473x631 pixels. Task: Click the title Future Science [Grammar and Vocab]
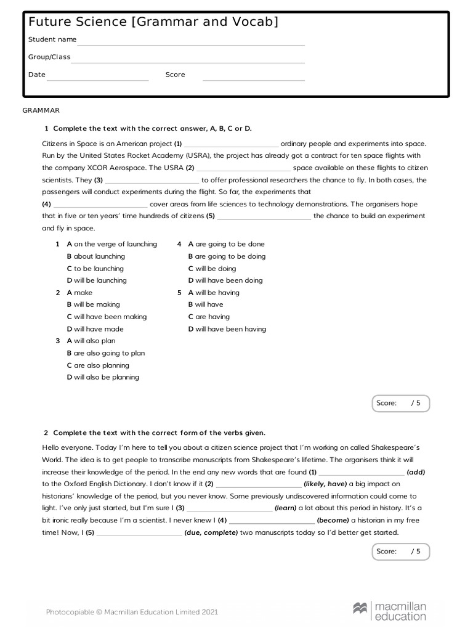[x=153, y=23]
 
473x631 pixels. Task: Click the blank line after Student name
[x=191, y=44]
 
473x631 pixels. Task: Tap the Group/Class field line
[x=188, y=61]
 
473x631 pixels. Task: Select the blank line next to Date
[x=98, y=79]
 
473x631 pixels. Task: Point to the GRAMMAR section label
[x=41, y=110]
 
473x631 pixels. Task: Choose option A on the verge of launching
[x=111, y=244]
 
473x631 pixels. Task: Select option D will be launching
[x=97, y=280]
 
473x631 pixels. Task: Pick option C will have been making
[x=107, y=317]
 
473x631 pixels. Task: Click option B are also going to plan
[x=106, y=353]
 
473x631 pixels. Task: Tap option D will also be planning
[x=103, y=377]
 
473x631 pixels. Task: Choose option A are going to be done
[x=226, y=244]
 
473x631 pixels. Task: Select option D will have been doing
[x=225, y=280]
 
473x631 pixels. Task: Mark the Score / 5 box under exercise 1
[x=400, y=403]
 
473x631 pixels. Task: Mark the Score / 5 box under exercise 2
[x=400, y=552]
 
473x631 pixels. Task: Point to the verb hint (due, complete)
[x=211, y=532]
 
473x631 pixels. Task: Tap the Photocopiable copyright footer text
[x=132, y=612]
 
